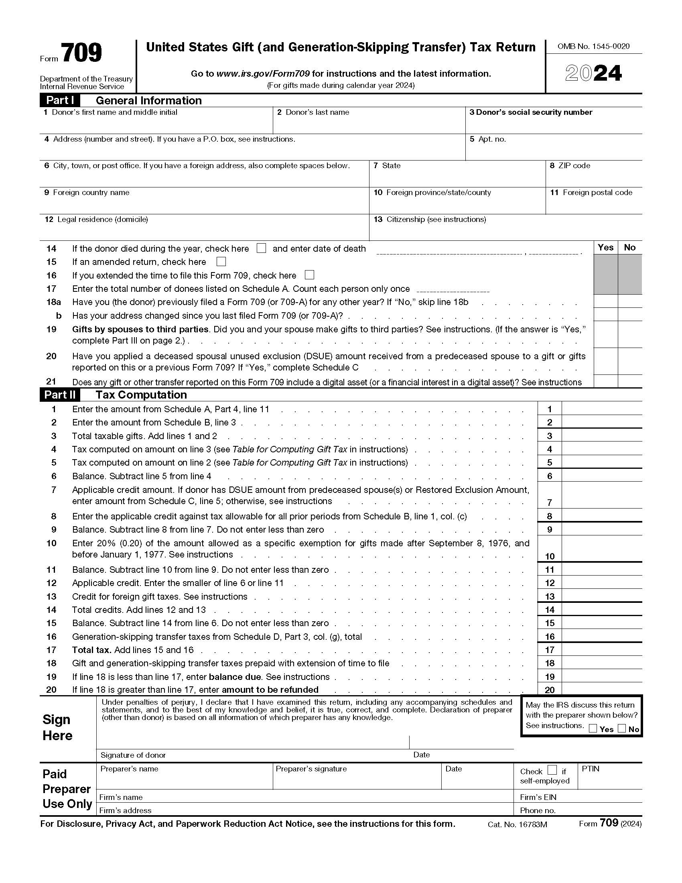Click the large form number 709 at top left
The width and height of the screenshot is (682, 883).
click(81, 53)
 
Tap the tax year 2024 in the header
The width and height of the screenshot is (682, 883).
click(593, 73)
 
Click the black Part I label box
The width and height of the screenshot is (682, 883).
click(60, 100)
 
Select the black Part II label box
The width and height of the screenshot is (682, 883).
click(60, 395)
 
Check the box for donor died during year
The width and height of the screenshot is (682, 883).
click(262, 248)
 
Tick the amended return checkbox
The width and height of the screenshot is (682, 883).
click(221, 262)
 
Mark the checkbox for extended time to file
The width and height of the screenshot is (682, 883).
click(309, 275)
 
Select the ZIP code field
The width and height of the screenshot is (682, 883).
click(593, 177)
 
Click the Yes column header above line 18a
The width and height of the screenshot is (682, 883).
click(605, 247)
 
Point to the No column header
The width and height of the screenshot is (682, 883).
click(629, 247)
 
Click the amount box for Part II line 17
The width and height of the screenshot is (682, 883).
click(601, 650)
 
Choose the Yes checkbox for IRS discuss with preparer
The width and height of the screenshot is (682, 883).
click(593, 728)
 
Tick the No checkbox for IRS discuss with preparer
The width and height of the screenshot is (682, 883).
click(622, 728)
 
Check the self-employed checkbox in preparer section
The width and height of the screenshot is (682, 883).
click(552, 770)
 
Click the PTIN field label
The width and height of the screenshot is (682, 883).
click(590, 769)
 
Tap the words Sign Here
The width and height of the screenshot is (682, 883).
click(57, 727)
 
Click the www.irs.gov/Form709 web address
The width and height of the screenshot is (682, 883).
click(263, 73)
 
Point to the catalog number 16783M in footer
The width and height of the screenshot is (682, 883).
click(517, 824)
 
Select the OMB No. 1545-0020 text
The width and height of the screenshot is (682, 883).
click(593, 47)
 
